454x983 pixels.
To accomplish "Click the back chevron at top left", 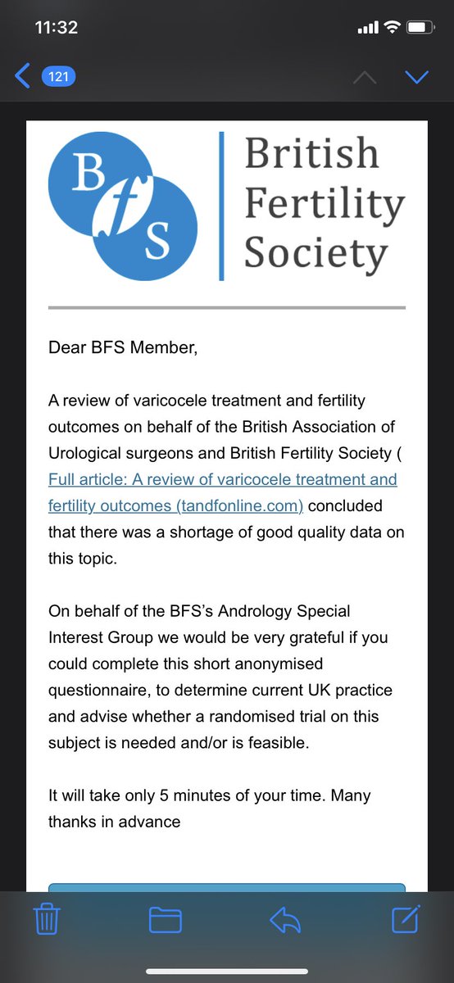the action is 23,77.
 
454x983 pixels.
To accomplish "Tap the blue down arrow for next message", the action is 417,77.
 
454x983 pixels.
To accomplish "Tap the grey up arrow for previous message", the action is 364,77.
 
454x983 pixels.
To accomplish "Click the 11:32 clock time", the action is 57,27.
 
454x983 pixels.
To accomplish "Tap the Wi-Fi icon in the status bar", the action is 392,28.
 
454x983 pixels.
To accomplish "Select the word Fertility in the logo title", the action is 324,203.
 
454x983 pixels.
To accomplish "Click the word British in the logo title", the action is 311,153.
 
